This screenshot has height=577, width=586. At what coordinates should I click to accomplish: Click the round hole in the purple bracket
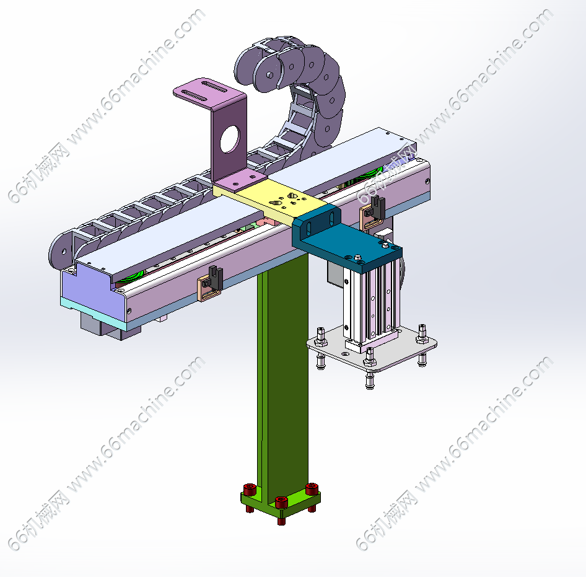229,139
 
